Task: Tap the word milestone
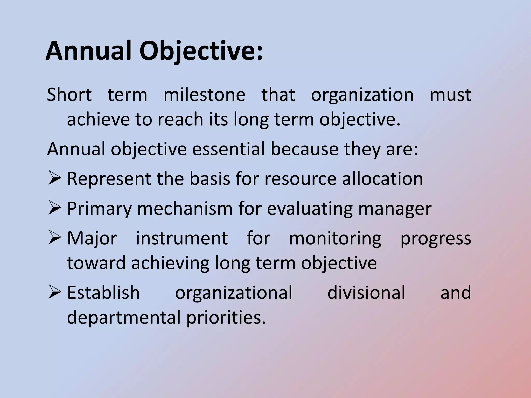tap(204, 95)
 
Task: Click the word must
tap(450, 95)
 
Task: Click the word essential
tap(228, 149)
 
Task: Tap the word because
tap(304, 149)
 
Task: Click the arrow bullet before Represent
tap(54, 179)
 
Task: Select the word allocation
tap(382, 179)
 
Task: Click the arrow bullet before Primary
tap(54, 208)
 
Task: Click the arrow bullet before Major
tap(54, 238)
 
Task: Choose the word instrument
tap(182, 238)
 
